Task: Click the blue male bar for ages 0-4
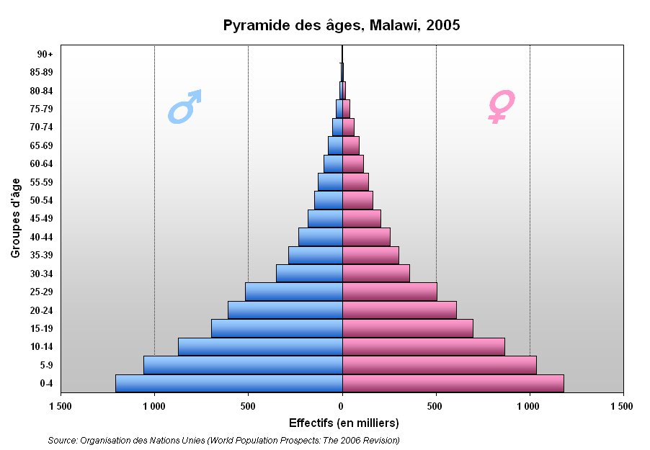[229, 383]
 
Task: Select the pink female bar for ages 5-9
[440, 365]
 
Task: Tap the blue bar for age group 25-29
[294, 292]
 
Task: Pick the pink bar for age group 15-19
[408, 328]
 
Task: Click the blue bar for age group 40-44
[321, 237]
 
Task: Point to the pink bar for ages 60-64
[353, 163]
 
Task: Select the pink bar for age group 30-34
[376, 274]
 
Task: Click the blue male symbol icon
[184, 107]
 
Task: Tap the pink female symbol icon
[501, 107]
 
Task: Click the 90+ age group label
[45, 54]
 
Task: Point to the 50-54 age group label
[42, 201]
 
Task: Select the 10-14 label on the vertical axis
[42, 347]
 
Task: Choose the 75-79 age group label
[42, 109]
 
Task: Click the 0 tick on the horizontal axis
[342, 406]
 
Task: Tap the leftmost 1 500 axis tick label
[61, 406]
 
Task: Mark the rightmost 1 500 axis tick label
[622, 406]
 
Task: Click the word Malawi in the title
[393, 25]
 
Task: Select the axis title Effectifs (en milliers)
[344, 423]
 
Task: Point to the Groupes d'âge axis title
[15, 218]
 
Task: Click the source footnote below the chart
[224, 440]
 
